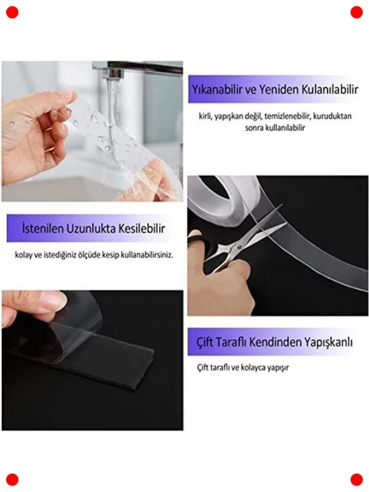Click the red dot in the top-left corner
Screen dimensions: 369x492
coord(12,12)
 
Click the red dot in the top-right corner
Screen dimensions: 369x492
coord(356,12)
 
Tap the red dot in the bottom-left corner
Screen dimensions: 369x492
coord(12,480)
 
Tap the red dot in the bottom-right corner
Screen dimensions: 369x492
coord(356,480)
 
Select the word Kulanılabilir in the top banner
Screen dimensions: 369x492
coord(330,90)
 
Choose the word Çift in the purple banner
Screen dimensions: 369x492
coord(205,349)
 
